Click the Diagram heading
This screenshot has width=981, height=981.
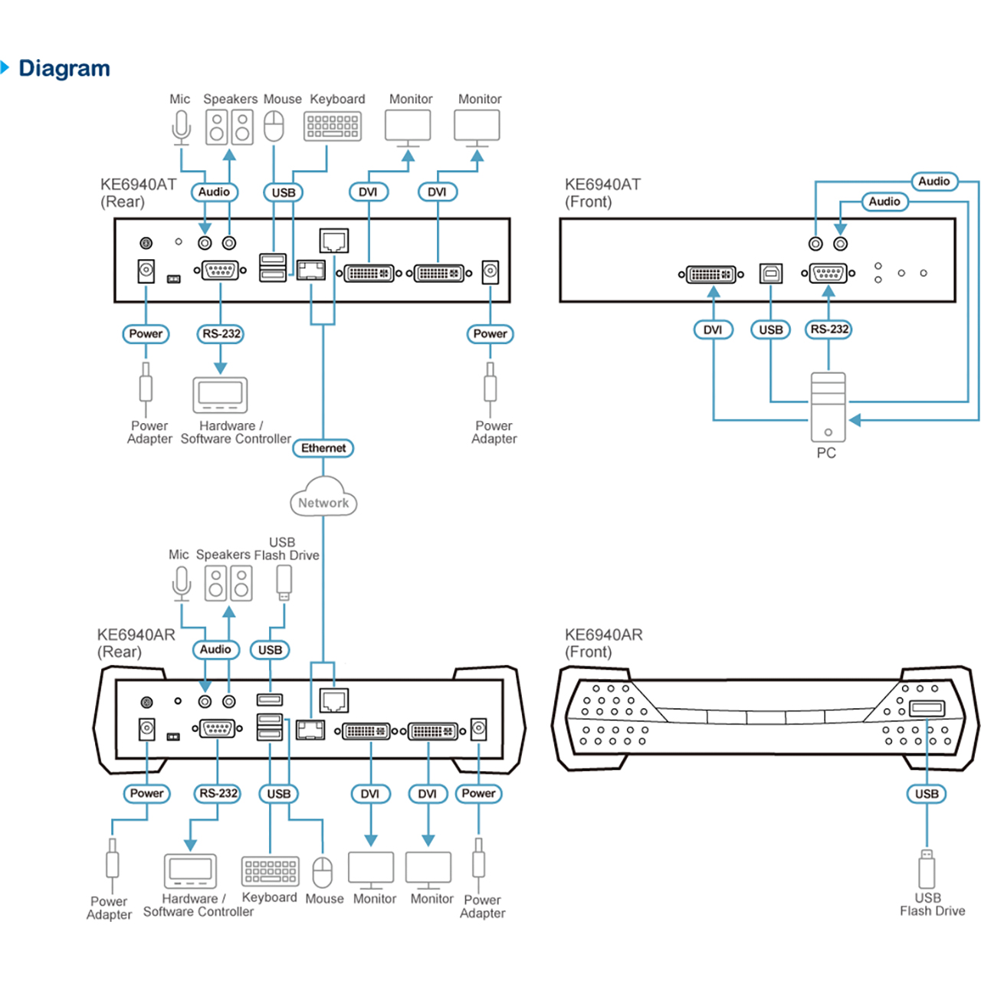point(64,68)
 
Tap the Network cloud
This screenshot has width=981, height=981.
point(323,497)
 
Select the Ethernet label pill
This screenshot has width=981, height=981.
point(323,448)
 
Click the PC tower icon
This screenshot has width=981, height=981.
point(828,407)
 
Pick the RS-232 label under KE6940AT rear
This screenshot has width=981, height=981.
point(221,334)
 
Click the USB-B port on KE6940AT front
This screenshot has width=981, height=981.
point(771,274)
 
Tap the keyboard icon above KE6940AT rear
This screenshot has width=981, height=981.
point(333,126)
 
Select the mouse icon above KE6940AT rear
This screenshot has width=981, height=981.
point(274,126)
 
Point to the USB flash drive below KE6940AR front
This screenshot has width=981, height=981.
point(927,869)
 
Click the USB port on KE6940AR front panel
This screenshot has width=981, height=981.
point(927,708)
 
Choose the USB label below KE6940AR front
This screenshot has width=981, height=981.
point(927,794)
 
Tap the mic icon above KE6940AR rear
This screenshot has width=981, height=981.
point(182,583)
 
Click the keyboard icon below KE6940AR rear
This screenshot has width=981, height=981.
point(271,871)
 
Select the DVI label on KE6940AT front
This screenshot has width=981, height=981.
point(714,330)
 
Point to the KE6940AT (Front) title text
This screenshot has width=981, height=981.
point(602,193)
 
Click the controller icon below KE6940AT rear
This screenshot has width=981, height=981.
point(220,395)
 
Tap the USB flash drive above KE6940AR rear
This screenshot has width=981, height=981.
point(284,583)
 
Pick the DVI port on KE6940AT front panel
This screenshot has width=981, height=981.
point(710,274)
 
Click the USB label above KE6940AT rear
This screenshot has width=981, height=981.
point(283,192)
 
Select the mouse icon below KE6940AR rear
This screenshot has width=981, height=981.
point(322,872)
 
